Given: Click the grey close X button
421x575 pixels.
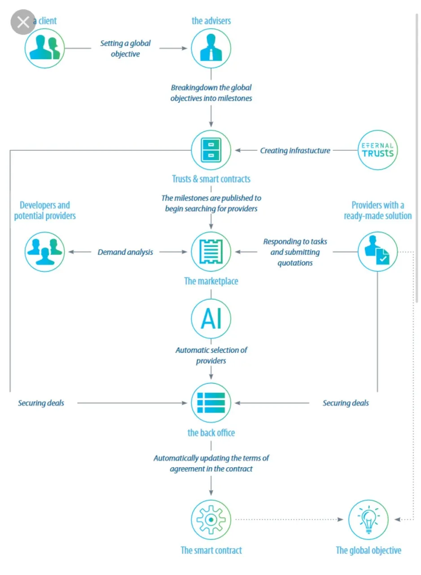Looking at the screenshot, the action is [23, 22].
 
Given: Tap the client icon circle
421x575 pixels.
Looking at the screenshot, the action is [44, 48].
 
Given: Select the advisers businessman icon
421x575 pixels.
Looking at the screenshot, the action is [211, 48].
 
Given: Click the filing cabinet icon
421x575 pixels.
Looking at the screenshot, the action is [211, 150].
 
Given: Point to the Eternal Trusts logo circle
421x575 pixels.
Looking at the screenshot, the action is [377, 150].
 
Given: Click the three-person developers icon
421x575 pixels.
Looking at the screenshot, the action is [44, 252].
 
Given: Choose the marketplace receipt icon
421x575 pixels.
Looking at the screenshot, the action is [211, 252].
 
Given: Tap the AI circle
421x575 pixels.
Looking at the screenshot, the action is [211, 318].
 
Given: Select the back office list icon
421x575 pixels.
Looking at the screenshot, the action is [211, 403].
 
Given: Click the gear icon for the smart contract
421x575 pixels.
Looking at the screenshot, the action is [211, 520].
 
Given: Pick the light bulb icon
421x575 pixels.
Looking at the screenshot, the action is [368, 520].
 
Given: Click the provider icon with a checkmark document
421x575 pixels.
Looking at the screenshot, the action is [377, 252].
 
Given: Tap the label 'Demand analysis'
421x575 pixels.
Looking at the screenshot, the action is [125, 252].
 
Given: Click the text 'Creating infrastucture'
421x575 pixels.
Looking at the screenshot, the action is [295, 150].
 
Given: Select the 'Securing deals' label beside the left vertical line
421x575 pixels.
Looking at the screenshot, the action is [41, 403].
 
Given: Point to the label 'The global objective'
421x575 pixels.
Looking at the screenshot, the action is [368, 550].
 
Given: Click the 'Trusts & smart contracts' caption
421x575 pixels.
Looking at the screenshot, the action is [211, 179].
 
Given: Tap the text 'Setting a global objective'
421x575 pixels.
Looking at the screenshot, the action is [125, 49].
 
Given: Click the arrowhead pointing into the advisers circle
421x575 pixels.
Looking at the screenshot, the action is [184, 48].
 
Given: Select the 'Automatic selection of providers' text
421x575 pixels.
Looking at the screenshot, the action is [211, 355].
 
